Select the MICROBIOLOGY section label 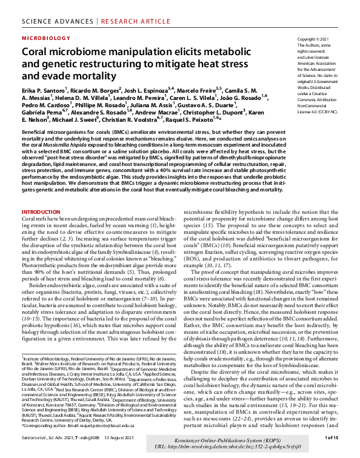coord(45,38)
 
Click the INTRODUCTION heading coord(41,213)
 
